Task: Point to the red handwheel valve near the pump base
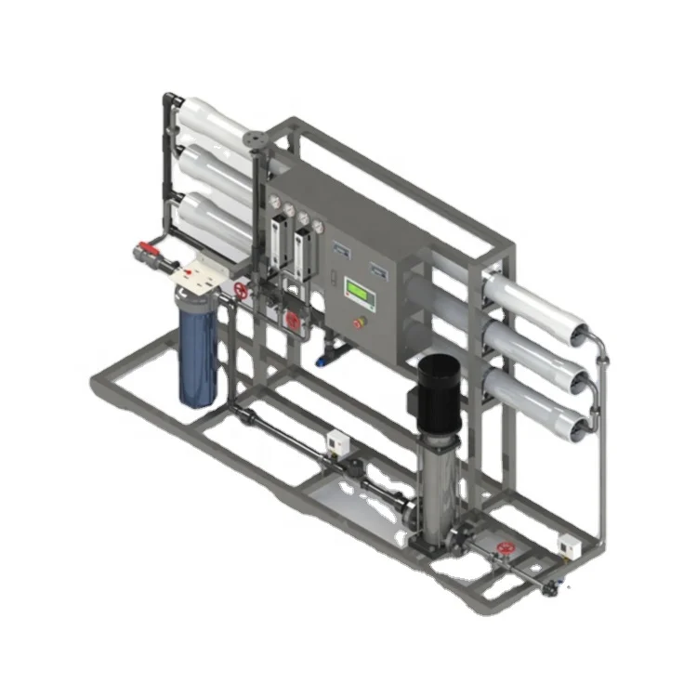506,549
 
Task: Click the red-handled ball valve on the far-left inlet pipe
148,251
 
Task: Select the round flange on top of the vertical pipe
256,140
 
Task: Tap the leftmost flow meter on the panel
277,243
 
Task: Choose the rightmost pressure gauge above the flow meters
319,226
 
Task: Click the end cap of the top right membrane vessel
579,331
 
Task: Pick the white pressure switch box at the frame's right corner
568,543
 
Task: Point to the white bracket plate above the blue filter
199,272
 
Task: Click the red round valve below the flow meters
294,321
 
